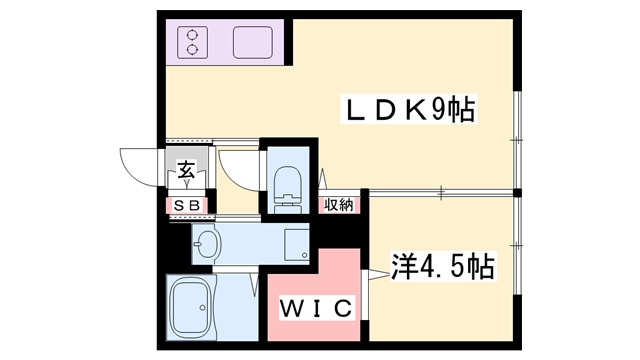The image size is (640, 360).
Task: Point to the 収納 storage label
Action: (x=337, y=205)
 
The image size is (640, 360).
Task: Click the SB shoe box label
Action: (x=187, y=205)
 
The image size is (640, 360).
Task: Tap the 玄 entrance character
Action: (x=186, y=170)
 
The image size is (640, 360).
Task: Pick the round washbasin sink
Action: (x=208, y=243)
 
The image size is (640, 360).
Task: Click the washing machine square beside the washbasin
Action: (x=296, y=243)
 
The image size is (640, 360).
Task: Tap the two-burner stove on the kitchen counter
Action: (x=191, y=42)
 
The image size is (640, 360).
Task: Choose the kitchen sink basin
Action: (x=252, y=42)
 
